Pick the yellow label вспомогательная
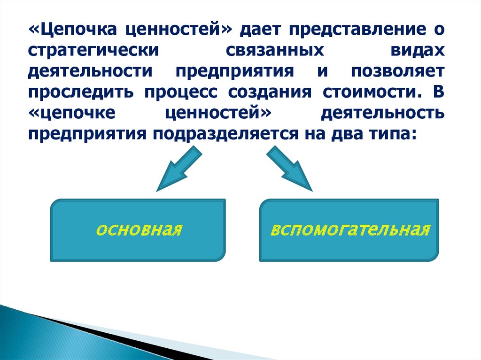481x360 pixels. coord(350,230)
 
